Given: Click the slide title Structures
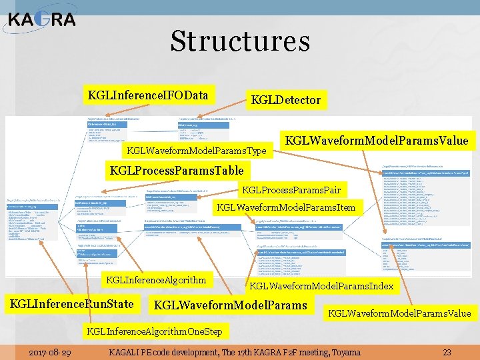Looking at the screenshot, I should click(x=240, y=41).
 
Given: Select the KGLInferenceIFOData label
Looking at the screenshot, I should click(x=148, y=95).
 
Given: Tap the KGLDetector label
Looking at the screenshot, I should click(x=285, y=101).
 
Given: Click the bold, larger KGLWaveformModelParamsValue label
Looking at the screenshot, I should click(x=377, y=140).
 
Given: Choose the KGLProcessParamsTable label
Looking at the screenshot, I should click(x=176, y=170).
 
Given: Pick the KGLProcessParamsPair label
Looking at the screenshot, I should click(x=291, y=190).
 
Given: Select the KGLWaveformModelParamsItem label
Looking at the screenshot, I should click(x=287, y=208).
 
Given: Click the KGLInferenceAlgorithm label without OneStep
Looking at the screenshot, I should click(x=156, y=279).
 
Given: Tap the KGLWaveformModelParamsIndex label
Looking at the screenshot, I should click(x=321, y=287).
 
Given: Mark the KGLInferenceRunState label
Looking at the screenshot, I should click(x=71, y=305).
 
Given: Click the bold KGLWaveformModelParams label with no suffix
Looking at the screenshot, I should click(x=230, y=305).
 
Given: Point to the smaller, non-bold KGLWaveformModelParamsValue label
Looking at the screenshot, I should click(x=399, y=313).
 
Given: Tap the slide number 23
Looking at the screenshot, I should click(x=447, y=352).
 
